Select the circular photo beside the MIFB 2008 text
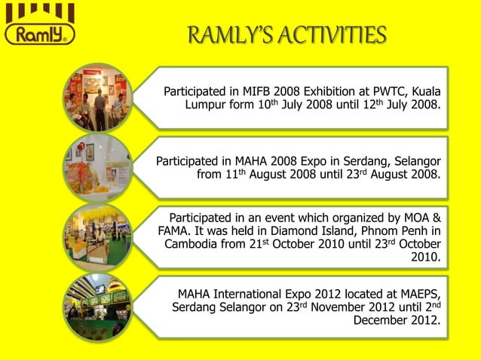click(x=96, y=98)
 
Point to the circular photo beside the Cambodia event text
click(x=96, y=236)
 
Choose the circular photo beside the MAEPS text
click(x=96, y=305)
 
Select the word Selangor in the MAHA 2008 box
click(x=417, y=161)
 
